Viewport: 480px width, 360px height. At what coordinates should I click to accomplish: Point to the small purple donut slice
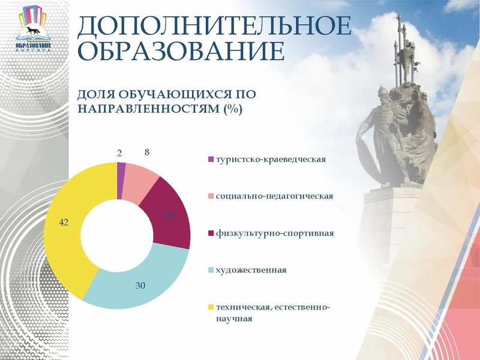point(121,170)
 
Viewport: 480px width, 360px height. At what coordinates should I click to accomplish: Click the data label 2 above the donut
point(119,154)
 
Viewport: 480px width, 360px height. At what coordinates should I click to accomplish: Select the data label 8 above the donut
point(147,153)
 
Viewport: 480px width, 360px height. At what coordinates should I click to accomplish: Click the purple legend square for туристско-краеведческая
point(210,160)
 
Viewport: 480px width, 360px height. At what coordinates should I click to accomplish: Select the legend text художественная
point(251,269)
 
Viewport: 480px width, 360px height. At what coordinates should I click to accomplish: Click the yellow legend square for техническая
point(210,307)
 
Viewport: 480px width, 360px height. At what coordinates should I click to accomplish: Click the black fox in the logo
point(33,31)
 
